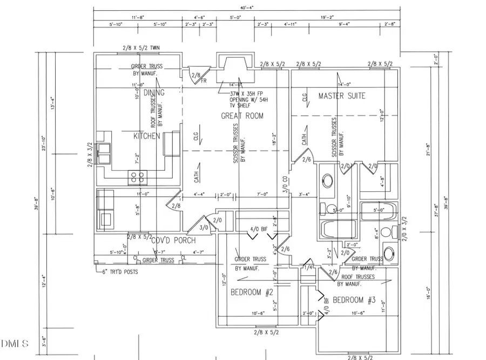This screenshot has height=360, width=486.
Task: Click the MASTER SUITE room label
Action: click(x=341, y=96)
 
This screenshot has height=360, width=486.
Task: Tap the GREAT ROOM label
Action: click(x=242, y=116)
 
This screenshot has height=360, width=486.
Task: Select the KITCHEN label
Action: click(x=146, y=136)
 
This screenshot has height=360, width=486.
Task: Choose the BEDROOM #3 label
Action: click(x=354, y=300)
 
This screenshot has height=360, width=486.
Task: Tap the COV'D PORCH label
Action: click(x=173, y=241)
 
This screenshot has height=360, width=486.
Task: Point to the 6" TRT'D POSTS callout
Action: click(x=118, y=272)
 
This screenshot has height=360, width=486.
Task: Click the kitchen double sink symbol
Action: click(x=105, y=148)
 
